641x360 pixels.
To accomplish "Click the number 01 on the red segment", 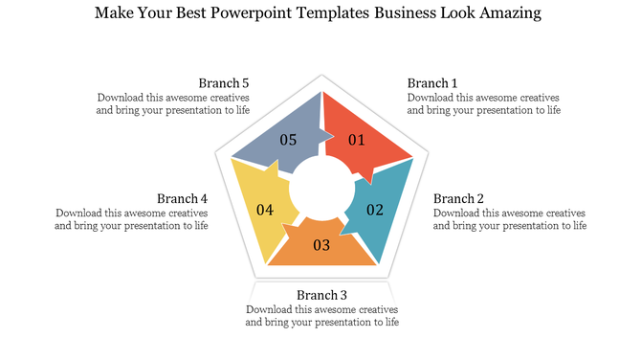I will pos(357,141).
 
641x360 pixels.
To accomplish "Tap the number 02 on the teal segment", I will pos(375,210).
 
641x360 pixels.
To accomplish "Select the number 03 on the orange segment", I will pos(321,246).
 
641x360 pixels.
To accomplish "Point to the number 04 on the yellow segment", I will pos(265,210).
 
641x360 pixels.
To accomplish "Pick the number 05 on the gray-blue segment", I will pos(288,140).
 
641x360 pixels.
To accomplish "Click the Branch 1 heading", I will pos(432,82).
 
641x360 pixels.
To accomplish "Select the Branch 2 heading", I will pos(458,198).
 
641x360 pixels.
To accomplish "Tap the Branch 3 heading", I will pos(321,295).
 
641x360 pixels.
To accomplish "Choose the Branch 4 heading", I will pos(183,198).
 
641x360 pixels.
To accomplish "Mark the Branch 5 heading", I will pos(224,82).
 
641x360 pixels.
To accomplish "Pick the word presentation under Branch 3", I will pos(331,323).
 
